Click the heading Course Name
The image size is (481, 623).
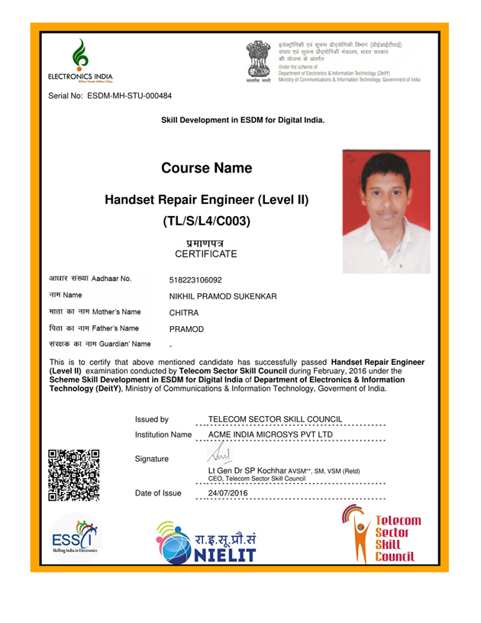[206, 168]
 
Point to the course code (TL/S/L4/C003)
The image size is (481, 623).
[206, 222]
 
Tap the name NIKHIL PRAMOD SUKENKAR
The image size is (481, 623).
[222, 296]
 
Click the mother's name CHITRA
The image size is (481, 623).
[184, 312]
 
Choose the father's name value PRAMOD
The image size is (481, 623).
[186, 328]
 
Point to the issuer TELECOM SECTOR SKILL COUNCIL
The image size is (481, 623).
[275, 419]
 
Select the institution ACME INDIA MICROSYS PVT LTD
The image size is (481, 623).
[270, 434]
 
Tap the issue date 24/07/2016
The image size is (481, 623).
[228, 493]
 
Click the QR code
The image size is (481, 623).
[74, 474]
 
